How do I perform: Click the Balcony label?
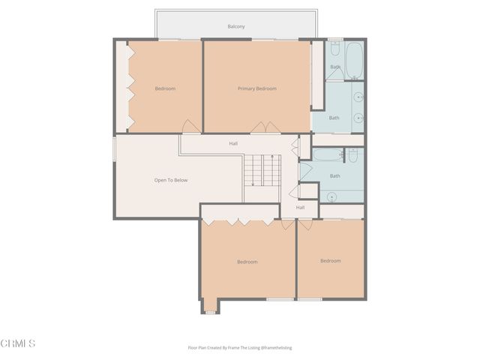coord(236,27)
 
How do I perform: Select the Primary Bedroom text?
coord(257,89)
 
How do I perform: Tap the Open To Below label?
coord(171,180)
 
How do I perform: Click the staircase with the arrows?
coord(262,170)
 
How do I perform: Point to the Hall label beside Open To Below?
coord(233,143)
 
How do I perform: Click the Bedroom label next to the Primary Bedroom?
coord(165,89)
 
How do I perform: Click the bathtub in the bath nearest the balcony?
coord(354,60)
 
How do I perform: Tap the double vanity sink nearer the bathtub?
coord(358,97)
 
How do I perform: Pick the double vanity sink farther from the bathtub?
coord(358,118)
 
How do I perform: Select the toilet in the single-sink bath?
coord(352,155)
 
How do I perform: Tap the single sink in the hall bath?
coord(331,197)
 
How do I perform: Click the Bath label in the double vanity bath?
coord(334,118)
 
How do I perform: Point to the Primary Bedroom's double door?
coord(259,128)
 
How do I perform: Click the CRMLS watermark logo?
coord(19,343)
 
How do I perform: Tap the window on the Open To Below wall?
coord(114,148)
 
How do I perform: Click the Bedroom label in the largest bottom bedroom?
coord(247,262)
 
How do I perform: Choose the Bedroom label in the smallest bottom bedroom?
coord(330,261)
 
